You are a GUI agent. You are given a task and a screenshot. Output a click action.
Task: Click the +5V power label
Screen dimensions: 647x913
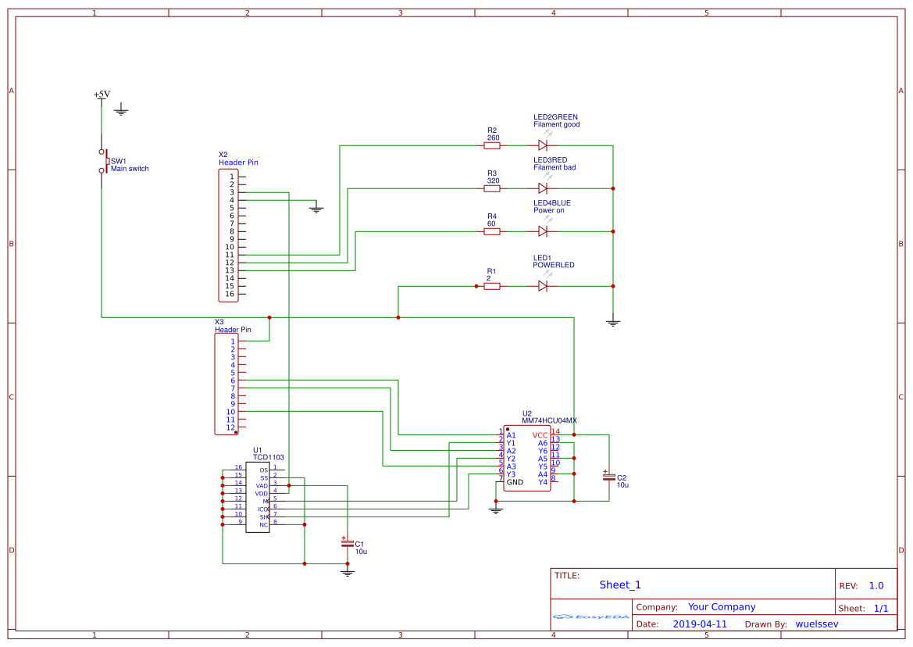[102, 95]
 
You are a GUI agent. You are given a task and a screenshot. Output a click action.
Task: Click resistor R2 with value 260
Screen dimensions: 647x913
[492, 145]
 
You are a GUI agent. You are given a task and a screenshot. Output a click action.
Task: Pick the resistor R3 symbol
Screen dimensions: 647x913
[492, 188]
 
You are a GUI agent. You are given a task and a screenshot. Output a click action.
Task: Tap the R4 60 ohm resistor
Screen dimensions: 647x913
[492, 231]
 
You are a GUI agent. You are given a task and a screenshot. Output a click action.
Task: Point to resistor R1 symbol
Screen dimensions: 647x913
[492, 286]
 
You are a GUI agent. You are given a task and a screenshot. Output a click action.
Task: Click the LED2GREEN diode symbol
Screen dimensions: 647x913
[543, 145]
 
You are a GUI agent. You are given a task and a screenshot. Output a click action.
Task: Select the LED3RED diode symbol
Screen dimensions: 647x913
[543, 188]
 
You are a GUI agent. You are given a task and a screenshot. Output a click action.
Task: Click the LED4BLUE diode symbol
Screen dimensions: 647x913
[543, 231]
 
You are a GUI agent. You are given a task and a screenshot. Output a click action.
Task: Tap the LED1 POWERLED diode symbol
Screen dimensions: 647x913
[543, 286]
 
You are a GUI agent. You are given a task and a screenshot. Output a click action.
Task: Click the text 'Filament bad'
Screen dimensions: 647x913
[555, 167]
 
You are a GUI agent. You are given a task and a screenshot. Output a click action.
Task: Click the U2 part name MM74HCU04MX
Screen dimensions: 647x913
[549, 420]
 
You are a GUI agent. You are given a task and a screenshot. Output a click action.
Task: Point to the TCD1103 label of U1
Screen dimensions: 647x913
[269, 457]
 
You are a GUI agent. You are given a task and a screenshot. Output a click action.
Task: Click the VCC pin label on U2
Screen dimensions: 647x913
[540, 435]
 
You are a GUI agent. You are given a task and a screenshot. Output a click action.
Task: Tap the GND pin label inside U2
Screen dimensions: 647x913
[515, 482]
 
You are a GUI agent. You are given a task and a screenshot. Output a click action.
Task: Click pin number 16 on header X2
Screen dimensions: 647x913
[230, 294]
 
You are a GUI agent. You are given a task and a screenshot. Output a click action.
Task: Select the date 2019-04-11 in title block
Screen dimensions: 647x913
[700, 624]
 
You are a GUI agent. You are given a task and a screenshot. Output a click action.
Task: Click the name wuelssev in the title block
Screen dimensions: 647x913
[816, 624]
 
